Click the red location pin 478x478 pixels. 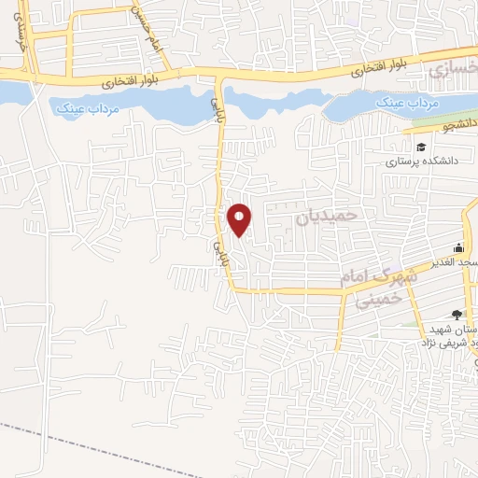(240, 218)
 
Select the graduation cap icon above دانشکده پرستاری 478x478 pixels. (421, 147)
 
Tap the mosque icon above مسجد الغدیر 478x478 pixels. (458, 248)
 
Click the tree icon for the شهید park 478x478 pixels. (456, 316)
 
